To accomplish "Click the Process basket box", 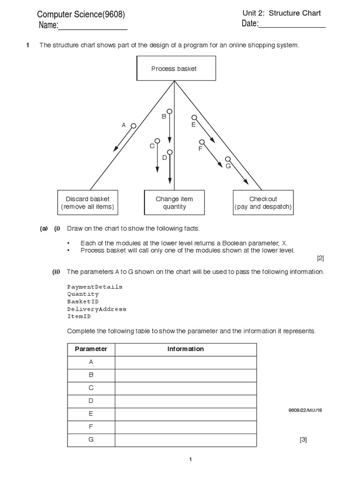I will (174, 68).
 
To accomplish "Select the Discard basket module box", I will (87, 202).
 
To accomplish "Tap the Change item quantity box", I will (174, 202).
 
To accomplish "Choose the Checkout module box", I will (263, 202).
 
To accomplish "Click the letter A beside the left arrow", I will (124, 125).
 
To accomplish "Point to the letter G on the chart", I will (228, 166).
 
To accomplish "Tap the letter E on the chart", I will (193, 125).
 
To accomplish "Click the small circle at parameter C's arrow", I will (157, 141).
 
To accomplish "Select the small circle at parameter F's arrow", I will (202, 142).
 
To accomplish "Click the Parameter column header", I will (91, 349).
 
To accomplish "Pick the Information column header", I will (186, 349).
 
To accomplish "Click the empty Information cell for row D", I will (186, 401).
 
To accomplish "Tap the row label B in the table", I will (91, 375).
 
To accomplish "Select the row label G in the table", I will (91, 440).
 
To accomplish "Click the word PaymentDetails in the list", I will (95, 286).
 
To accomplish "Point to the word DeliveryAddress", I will (97, 309).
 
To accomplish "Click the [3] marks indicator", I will (303, 440).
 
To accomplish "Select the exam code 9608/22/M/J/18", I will (305, 410).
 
